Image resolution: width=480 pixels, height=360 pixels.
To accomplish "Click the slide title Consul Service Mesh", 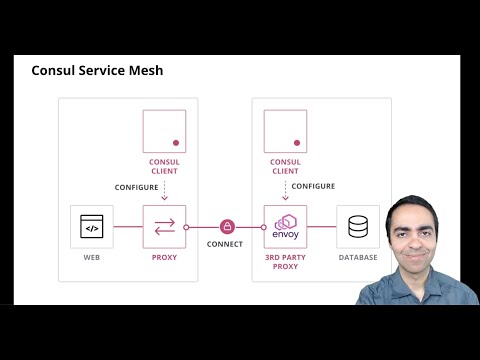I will [97, 71].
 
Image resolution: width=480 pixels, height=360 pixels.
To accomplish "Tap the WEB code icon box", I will [91, 227].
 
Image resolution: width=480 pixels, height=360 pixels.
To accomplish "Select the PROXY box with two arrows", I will [164, 227].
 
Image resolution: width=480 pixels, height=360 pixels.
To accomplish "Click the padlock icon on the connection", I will [227, 227].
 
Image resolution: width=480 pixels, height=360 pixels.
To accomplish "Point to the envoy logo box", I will [285, 226].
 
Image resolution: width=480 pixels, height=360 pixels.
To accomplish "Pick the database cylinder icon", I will [358, 227].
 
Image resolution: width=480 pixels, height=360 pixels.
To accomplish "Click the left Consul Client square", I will [164, 131].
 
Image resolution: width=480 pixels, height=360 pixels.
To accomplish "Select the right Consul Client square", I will [285, 131].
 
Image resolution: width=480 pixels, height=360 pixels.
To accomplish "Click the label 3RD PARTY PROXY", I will [285, 262].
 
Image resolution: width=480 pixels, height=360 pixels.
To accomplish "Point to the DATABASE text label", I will [358, 257].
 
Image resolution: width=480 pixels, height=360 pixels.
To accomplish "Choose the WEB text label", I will [91, 257].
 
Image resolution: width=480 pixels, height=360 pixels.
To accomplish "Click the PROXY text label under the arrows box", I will [164, 257].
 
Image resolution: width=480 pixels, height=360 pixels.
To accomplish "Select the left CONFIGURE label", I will [136, 187].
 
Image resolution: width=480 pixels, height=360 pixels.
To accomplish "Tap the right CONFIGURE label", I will [313, 186].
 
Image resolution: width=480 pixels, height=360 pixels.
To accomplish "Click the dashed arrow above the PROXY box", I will [164, 190].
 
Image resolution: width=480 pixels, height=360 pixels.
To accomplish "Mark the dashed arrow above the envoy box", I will [285, 190].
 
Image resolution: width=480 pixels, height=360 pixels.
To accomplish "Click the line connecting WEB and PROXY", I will [128, 227].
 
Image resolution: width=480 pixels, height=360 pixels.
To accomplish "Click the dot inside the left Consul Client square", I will [176, 143].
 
